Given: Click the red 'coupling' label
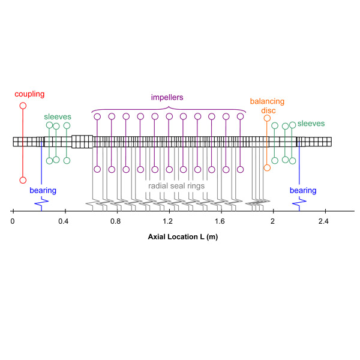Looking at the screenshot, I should click(30, 94).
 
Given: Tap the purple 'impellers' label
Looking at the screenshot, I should click(167, 97).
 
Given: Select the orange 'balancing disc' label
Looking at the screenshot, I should click(267, 106).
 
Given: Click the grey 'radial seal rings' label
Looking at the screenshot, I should click(176, 186).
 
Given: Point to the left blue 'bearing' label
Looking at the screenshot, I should click(43, 191).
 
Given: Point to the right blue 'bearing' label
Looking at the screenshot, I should click(302, 191).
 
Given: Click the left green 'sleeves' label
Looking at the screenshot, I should click(58, 116).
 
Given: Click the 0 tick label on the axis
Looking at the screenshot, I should click(13, 221).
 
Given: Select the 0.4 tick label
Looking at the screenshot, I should click(64, 221).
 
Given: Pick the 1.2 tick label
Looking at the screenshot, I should click(169, 221).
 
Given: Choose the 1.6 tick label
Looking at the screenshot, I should click(221, 221).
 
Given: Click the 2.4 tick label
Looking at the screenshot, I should click(325, 221).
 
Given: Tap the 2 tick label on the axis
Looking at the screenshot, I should click(273, 221).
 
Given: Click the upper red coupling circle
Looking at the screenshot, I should click(23, 106).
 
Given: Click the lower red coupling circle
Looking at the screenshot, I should click(23, 180).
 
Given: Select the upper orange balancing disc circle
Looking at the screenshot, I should click(267, 118).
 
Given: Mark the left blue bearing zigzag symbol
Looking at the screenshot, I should click(41, 204).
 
